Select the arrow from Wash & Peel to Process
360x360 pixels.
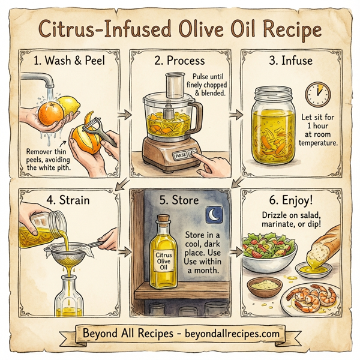(122, 113)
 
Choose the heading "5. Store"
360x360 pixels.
(180, 199)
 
